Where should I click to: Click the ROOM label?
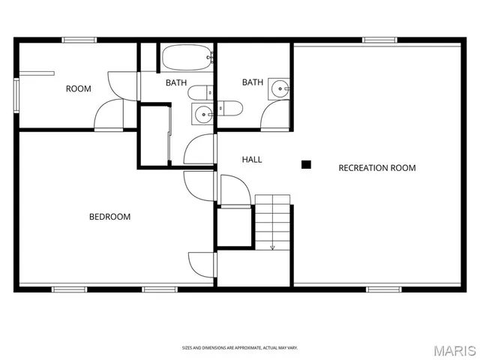78,88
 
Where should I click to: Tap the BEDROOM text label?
109,217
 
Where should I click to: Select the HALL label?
252,160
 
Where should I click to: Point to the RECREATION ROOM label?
376,168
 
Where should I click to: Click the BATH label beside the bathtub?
176,82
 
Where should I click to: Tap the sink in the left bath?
203,115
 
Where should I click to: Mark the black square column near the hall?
305,164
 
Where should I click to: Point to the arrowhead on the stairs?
272,246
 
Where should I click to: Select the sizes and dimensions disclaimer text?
240,347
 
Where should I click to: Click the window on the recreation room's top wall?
379,40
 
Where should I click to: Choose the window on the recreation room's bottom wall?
383,289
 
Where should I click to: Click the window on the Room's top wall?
79,40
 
